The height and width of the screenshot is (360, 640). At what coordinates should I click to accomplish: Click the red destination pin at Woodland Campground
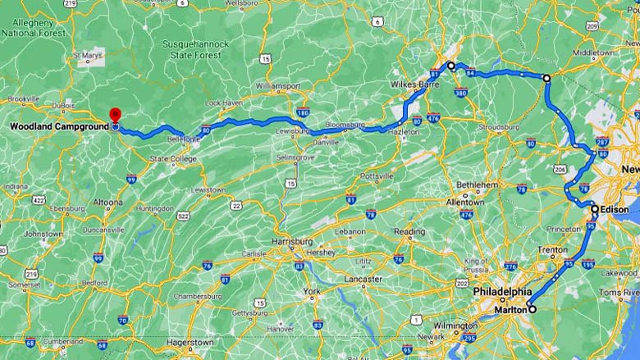(116, 114)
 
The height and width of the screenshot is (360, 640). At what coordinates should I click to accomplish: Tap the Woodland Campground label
(60, 126)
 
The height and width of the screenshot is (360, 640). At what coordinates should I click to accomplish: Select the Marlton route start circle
(532, 309)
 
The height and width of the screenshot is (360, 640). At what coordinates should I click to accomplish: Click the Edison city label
(615, 209)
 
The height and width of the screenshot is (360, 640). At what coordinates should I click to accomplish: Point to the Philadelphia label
(502, 292)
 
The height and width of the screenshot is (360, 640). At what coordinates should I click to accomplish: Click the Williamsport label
(278, 85)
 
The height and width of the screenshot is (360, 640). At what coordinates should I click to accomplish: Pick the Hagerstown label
(190, 342)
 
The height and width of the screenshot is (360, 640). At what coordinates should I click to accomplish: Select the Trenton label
(552, 249)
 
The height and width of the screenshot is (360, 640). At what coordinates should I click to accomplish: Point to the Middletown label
(593, 52)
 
